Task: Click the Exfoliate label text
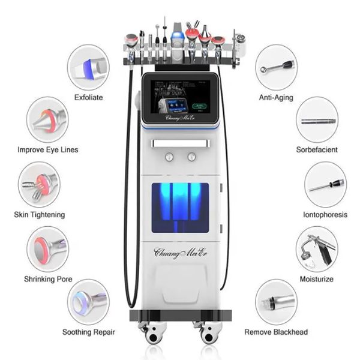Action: [88, 97]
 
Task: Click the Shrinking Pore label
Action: [47, 279]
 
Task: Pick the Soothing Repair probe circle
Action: [88, 301]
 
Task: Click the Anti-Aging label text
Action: [275, 97]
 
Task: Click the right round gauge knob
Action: [191, 157]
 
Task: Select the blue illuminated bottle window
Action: [179, 208]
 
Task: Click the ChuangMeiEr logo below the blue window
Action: [179, 251]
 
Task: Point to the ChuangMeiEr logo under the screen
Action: [179, 118]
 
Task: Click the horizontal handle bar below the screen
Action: [179, 143]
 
